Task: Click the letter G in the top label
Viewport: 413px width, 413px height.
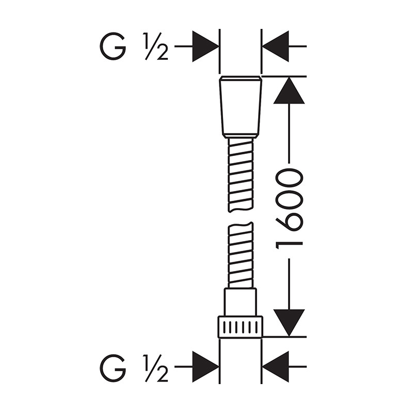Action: [113, 46]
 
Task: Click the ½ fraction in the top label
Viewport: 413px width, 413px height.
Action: [156, 46]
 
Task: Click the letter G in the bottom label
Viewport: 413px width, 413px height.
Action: [113, 368]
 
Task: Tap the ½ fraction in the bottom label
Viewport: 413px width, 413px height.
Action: [156, 369]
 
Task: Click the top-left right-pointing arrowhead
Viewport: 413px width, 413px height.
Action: [205, 46]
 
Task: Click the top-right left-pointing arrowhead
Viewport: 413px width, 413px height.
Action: [276, 46]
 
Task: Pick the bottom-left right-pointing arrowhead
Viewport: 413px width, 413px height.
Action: [205, 367]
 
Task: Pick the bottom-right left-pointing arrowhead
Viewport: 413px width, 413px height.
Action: [276, 367]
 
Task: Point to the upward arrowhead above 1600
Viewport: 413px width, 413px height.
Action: [289, 90]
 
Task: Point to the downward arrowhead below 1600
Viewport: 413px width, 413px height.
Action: [289, 323]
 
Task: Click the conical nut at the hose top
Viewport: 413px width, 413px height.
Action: [241, 107]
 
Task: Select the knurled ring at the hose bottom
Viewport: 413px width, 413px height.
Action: [241, 327]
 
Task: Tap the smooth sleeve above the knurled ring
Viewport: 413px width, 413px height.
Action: [240, 302]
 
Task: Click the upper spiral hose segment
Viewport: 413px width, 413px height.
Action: [241, 175]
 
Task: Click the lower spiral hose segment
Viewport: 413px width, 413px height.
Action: [241, 255]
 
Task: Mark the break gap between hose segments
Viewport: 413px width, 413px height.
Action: [241, 217]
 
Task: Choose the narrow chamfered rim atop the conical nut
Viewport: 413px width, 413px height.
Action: [241, 78]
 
